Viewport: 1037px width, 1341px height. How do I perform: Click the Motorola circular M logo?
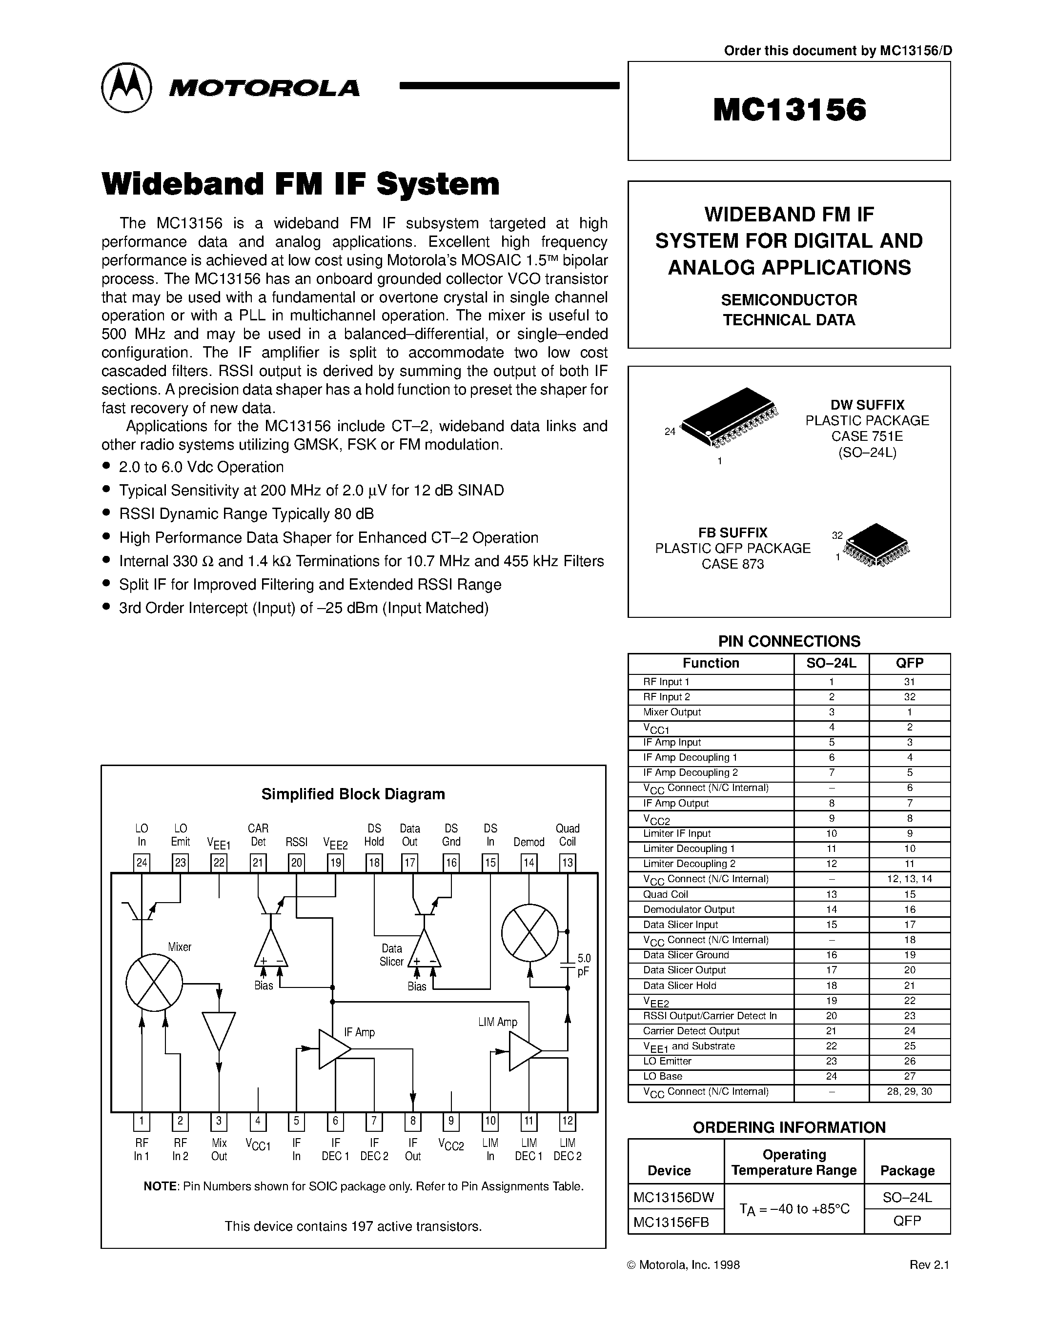(126, 88)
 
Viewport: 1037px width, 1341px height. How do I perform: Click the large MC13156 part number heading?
(790, 111)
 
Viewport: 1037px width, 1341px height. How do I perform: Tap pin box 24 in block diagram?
(142, 863)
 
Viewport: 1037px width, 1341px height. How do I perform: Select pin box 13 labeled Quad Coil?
(567, 863)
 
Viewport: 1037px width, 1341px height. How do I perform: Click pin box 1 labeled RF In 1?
(142, 1121)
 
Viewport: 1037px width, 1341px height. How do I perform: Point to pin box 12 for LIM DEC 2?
(567, 1121)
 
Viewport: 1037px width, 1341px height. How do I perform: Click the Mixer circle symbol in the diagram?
(154, 983)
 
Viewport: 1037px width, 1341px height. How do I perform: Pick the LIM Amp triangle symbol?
(524, 1052)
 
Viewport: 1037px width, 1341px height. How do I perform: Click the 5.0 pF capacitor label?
(583, 965)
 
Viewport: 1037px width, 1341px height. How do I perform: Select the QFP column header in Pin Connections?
(909, 663)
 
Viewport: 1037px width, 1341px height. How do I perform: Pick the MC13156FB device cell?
(671, 1222)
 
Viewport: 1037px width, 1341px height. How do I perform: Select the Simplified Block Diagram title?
(353, 794)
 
